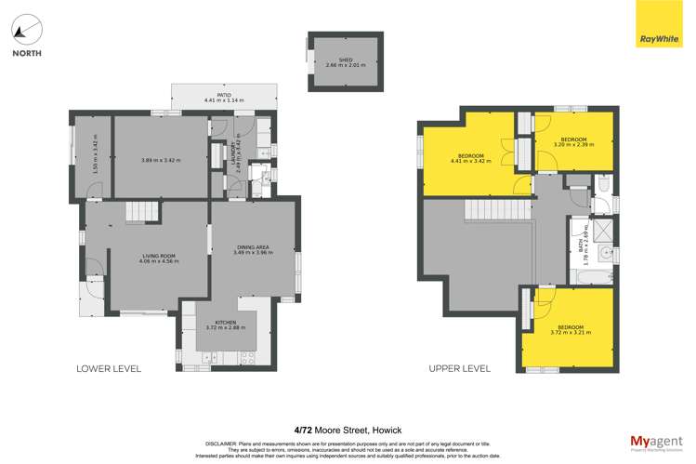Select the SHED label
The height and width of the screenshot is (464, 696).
346,60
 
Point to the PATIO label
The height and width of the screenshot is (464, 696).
223,94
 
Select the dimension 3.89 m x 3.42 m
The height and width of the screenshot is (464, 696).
159,161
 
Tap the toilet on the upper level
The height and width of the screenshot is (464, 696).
603,186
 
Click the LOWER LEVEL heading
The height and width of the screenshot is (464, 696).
109,369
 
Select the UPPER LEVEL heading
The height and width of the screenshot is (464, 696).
459,369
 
